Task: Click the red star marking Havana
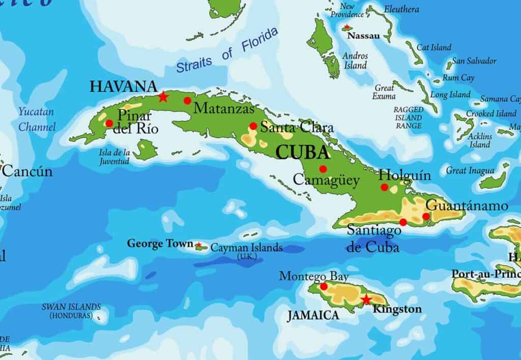(163, 96)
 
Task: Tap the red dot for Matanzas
(188, 100)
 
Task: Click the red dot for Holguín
(385, 187)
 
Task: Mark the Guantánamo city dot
(426, 217)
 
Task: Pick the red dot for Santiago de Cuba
(403, 222)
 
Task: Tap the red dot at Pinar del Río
(109, 123)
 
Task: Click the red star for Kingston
(366, 299)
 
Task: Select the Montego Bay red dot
(324, 287)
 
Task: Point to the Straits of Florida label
(227, 50)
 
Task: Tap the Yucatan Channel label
(37, 119)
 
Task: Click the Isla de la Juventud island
(147, 148)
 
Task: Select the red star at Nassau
(347, 27)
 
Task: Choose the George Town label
(160, 244)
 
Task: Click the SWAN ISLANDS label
(71, 311)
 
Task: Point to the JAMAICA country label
(313, 316)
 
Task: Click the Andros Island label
(355, 61)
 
